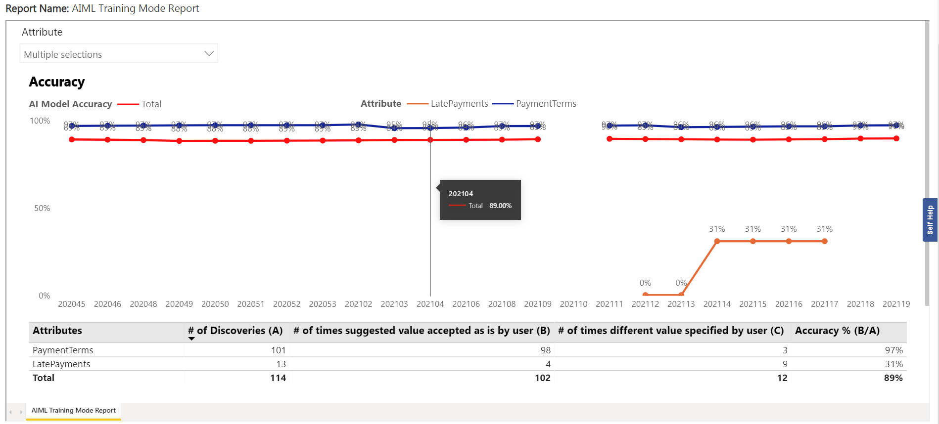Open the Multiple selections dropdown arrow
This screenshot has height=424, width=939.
coord(209,54)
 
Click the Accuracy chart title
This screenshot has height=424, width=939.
coord(57,82)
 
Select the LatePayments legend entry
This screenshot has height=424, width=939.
coord(459,104)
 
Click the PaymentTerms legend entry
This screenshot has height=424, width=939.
coord(546,104)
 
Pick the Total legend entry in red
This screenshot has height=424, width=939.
coord(151,104)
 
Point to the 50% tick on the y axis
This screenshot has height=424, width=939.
coord(42,209)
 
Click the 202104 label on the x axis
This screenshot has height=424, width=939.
coord(430,304)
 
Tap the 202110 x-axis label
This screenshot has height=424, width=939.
coord(573,304)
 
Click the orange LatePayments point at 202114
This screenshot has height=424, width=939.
coord(717,241)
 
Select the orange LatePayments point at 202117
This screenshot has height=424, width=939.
coord(825,241)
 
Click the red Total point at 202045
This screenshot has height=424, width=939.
coord(72,139)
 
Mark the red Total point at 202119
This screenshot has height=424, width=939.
coord(896,138)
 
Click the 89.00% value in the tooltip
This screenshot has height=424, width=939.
coord(500,206)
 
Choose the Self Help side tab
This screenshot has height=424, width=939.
coord(930,220)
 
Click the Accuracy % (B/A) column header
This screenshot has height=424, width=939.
coord(837,331)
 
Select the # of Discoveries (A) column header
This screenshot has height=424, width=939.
coord(235,331)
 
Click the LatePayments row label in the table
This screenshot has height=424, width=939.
coord(61,364)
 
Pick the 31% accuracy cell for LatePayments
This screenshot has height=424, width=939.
coord(893,364)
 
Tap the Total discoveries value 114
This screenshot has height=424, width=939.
coord(278,378)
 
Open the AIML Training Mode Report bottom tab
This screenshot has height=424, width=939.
coord(73,411)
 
